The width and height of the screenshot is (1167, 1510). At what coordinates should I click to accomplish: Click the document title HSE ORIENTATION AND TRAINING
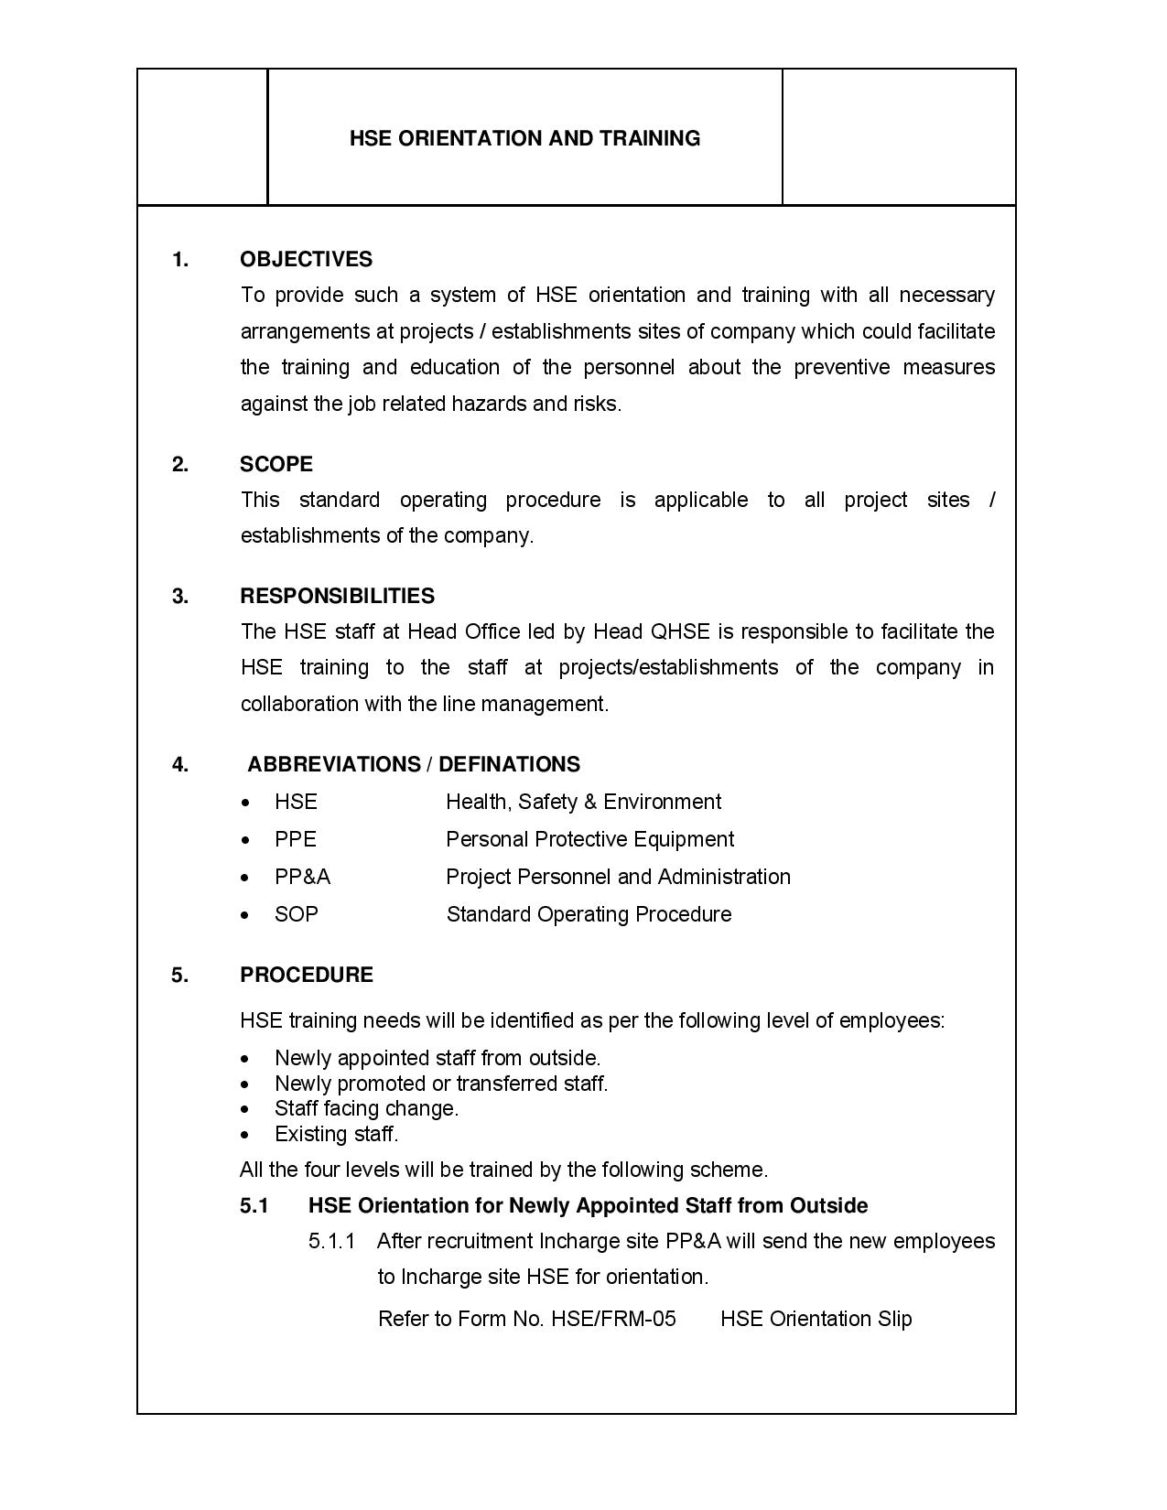click(524, 138)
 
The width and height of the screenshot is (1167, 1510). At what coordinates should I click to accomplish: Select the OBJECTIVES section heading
click(306, 260)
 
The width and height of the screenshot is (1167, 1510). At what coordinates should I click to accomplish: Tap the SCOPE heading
click(276, 465)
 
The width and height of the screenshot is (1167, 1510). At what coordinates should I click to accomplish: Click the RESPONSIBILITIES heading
click(337, 597)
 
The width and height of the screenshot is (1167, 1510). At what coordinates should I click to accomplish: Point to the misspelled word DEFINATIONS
click(510, 765)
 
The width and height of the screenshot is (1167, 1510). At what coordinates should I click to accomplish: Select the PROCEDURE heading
click(306, 976)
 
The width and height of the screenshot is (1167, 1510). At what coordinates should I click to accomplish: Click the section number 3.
click(179, 597)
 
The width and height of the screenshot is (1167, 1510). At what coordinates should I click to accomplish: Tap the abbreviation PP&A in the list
click(302, 878)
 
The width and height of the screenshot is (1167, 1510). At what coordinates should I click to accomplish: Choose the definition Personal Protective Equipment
click(589, 840)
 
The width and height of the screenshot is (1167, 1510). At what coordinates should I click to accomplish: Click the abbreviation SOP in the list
click(296, 915)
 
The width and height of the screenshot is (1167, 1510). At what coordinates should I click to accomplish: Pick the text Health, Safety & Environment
click(583, 803)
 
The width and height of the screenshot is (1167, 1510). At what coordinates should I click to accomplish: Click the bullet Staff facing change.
click(366, 1109)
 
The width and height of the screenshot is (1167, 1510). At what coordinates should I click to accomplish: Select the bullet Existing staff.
click(336, 1135)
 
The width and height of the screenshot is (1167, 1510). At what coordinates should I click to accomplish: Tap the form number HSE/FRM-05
click(613, 1320)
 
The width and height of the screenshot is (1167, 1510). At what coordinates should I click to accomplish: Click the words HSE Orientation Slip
click(816, 1320)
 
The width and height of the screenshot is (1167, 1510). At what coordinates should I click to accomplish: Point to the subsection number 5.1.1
click(330, 1242)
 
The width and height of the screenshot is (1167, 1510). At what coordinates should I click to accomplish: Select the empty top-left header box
click(202, 137)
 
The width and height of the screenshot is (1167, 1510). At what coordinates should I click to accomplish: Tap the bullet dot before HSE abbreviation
click(245, 804)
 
